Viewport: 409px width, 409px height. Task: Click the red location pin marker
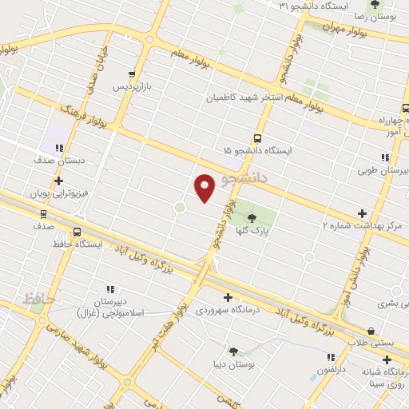tap(204, 187)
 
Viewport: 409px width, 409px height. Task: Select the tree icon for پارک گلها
tap(252, 217)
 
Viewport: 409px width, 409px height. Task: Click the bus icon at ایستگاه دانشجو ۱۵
tap(257, 137)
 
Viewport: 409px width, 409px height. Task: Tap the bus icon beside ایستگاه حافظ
tap(77, 232)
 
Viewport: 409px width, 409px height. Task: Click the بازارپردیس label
tap(131, 85)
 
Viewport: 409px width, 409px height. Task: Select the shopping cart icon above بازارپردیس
tap(133, 73)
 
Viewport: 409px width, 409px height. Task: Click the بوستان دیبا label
tap(235, 363)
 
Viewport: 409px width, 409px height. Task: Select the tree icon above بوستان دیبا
tap(233, 351)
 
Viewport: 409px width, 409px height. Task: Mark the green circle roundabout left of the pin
tap(180, 208)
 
